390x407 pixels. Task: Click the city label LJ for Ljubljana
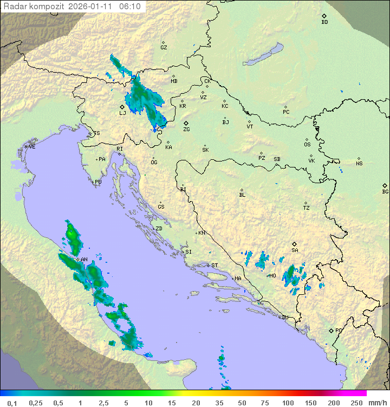click(122, 113)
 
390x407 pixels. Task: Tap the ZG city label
click(186, 130)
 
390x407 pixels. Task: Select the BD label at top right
click(324, 22)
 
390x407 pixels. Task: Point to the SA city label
click(295, 250)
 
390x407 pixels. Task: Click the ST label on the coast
click(214, 266)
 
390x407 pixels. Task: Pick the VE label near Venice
click(32, 147)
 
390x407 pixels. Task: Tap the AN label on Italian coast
click(84, 260)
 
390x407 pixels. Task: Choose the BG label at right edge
click(385, 191)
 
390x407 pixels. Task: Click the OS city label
click(307, 145)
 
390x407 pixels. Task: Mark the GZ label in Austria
click(164, 48)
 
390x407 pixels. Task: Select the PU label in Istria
click(98, 182)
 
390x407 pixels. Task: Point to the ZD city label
click(159, 229)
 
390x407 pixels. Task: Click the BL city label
click(242, 195)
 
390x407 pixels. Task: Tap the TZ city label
click(307, 208)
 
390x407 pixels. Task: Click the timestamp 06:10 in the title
click(130, 7)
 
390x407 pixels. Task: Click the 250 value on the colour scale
click(356, 403)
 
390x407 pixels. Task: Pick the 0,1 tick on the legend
click(12, 403)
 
